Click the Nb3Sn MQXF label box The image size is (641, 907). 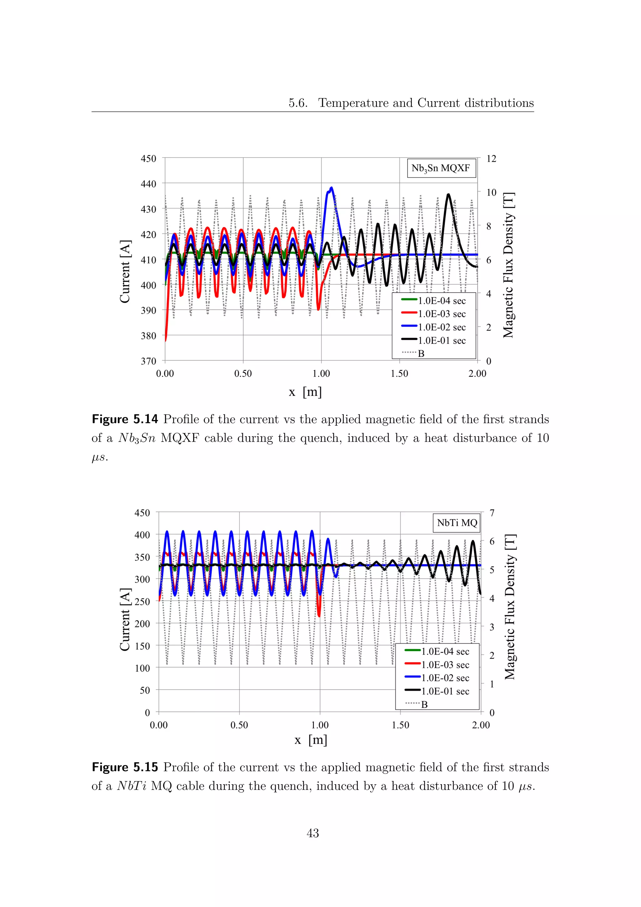point(441,168)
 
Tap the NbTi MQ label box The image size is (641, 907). point(457,523)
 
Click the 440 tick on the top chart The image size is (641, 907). point(148,184)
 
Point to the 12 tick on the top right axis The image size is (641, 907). point(491,159)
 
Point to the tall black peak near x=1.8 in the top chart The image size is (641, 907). point(448,195)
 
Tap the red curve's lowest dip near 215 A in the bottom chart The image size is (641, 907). point(319,615)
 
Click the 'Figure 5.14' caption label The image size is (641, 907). point(125,419)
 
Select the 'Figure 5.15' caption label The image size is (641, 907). point(125,767)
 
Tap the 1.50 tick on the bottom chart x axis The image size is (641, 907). point(400,725)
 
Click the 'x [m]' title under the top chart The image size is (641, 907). point(305,392)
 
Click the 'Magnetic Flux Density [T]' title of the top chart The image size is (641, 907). point(508,265)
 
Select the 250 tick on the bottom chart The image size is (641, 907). point(142,602)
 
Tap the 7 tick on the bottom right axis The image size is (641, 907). point(491,513)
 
